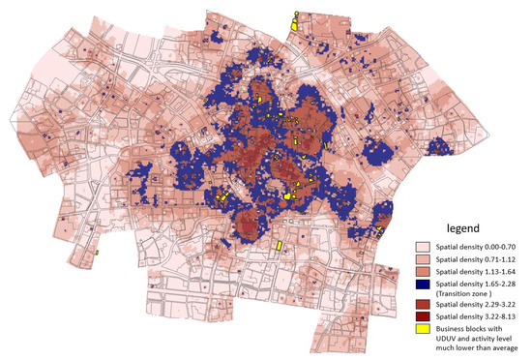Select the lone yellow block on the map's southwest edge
[x=98, y=253]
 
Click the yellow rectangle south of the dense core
[x=279, y=246]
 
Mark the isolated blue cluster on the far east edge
[x=440, y=147]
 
